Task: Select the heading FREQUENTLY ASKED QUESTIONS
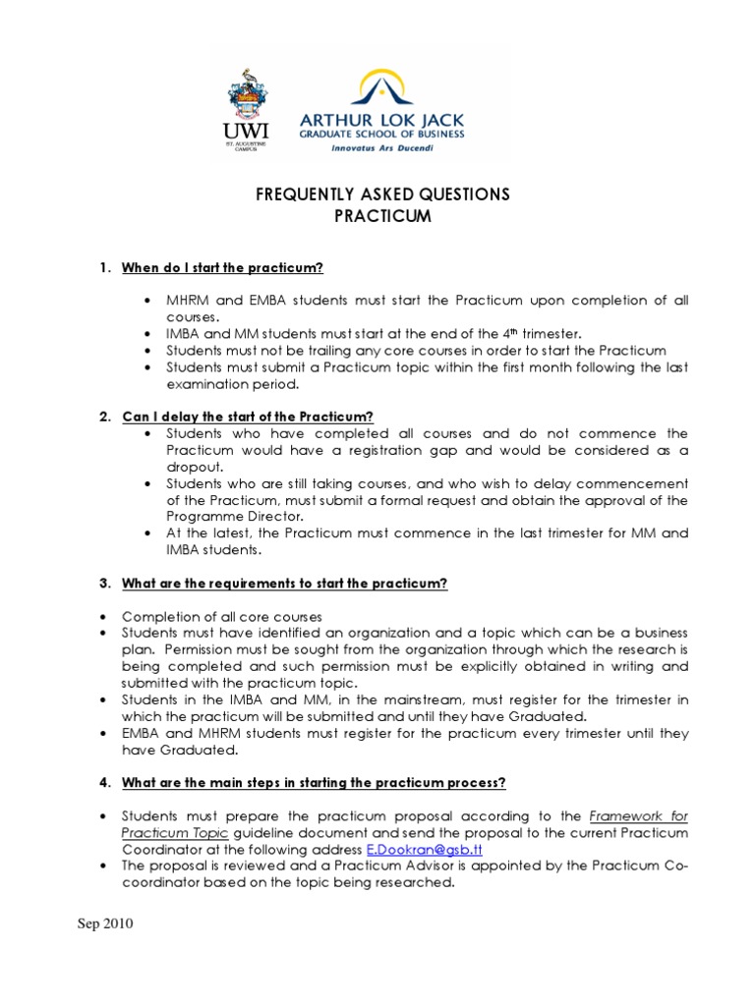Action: [x=382, y=195]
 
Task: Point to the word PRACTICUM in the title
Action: [x=382, y=216]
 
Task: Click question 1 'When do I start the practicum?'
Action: [x=222, y=268]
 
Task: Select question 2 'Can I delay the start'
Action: [x=248, y=417]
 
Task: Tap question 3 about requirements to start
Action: [x=284, y=584]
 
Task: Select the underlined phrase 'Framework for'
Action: [x=639, y=815]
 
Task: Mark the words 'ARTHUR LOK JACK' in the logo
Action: [x=392, y=120]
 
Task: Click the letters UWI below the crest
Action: [x=243, y=131]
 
